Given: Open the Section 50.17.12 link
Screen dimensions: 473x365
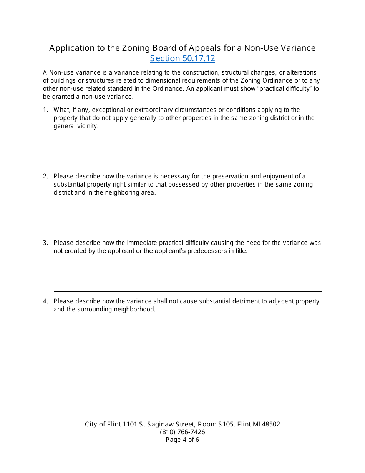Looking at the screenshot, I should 182,58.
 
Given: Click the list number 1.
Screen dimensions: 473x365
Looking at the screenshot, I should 45,110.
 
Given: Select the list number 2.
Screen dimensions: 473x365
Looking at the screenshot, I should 45,177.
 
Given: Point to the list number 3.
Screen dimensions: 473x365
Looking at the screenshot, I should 45,243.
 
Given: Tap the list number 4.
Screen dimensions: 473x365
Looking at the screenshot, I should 45,301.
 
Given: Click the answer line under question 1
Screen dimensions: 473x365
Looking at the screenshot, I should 187,166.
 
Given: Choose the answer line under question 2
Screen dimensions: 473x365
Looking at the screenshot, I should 187,233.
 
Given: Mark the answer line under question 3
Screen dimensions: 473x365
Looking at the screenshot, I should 187,291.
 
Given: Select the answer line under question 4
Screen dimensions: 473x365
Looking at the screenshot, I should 187,350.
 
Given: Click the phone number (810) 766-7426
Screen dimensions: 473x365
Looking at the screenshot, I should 182,432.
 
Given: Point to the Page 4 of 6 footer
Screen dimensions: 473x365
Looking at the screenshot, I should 182,440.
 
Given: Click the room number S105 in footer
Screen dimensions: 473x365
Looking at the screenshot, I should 226,425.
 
